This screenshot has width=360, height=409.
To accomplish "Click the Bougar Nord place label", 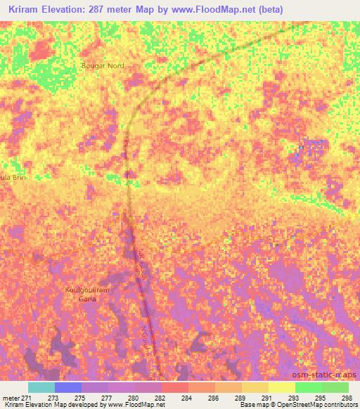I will click(103, 65).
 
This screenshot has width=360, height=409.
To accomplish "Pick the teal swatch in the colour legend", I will click(41, 387).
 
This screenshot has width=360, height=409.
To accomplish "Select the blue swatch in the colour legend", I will click(67, 387).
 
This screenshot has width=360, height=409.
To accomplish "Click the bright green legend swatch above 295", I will click(309, 387).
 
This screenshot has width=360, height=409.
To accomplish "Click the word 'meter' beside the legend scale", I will click(10, 397).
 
